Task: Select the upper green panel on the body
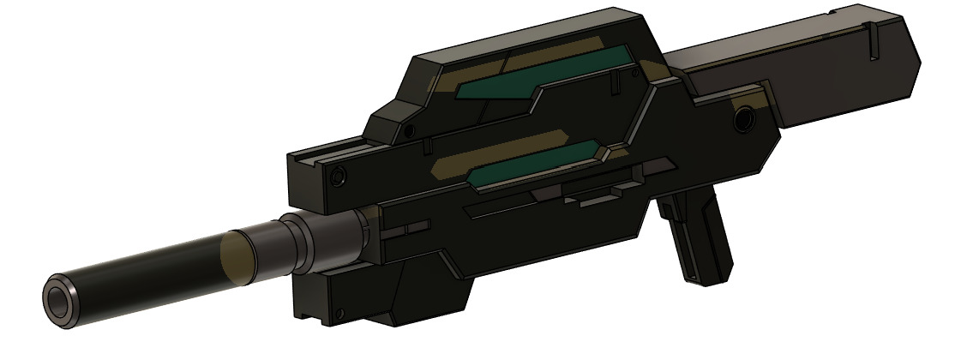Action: [x=549, y=75]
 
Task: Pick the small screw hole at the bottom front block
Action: [x=340, y=313]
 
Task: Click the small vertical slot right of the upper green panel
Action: [x=616, y=82]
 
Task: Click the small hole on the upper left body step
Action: [x=410, y=130]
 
